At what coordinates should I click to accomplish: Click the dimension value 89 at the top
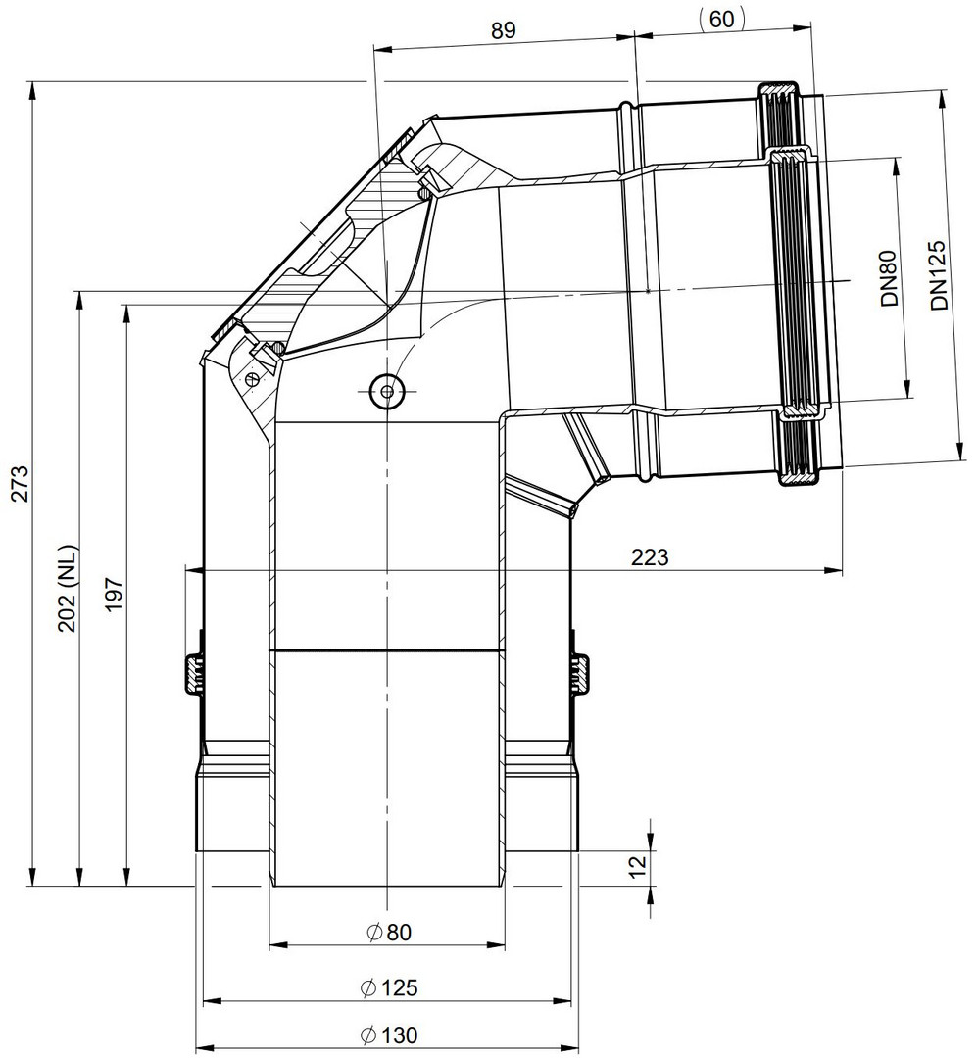click(504, 30)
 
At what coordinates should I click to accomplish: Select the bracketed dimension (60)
click(722, 19)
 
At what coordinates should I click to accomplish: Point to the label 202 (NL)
click(69, 589)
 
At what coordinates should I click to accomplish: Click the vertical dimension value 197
click(114, 594)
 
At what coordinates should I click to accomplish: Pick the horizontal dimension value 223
click(650, 557)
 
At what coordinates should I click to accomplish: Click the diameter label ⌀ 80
click(389, 932)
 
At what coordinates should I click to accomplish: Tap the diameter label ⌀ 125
click(389, 987)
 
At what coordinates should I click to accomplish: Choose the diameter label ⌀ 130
click(389, 1034)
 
